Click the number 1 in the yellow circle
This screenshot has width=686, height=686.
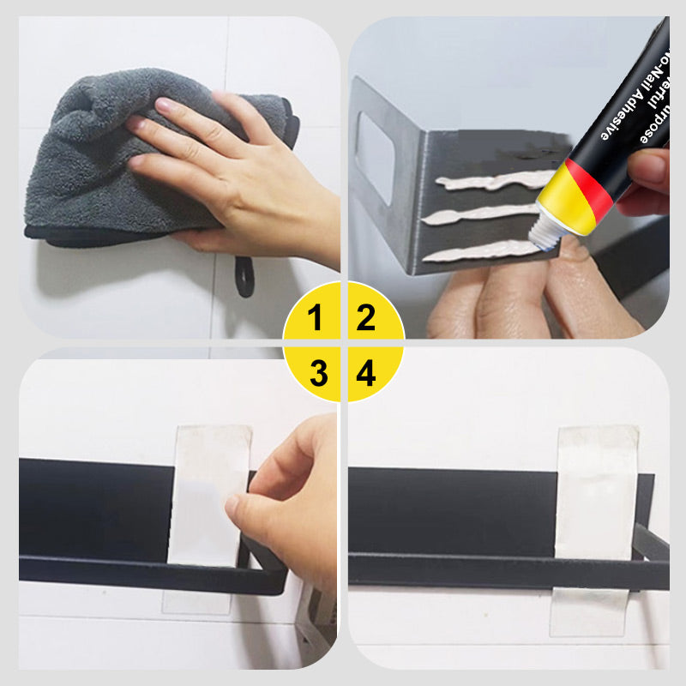pos(316,318)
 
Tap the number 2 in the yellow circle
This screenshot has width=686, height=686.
pos(367,318)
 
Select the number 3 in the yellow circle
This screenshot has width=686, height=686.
pos(318,373)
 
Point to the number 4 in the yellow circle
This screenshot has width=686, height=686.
pos(367,373)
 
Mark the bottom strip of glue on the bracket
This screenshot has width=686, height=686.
pos(480,250)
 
